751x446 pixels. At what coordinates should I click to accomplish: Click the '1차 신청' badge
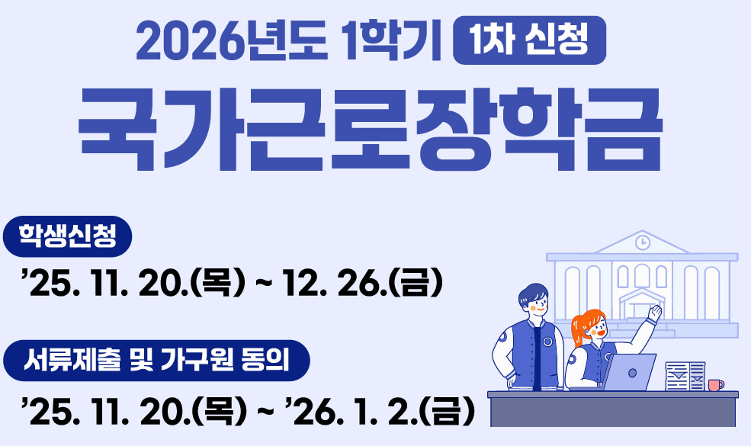click(529, 40)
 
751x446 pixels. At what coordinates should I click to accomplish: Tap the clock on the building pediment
click(642, 242)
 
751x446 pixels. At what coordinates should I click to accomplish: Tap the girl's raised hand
click(653, 313)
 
